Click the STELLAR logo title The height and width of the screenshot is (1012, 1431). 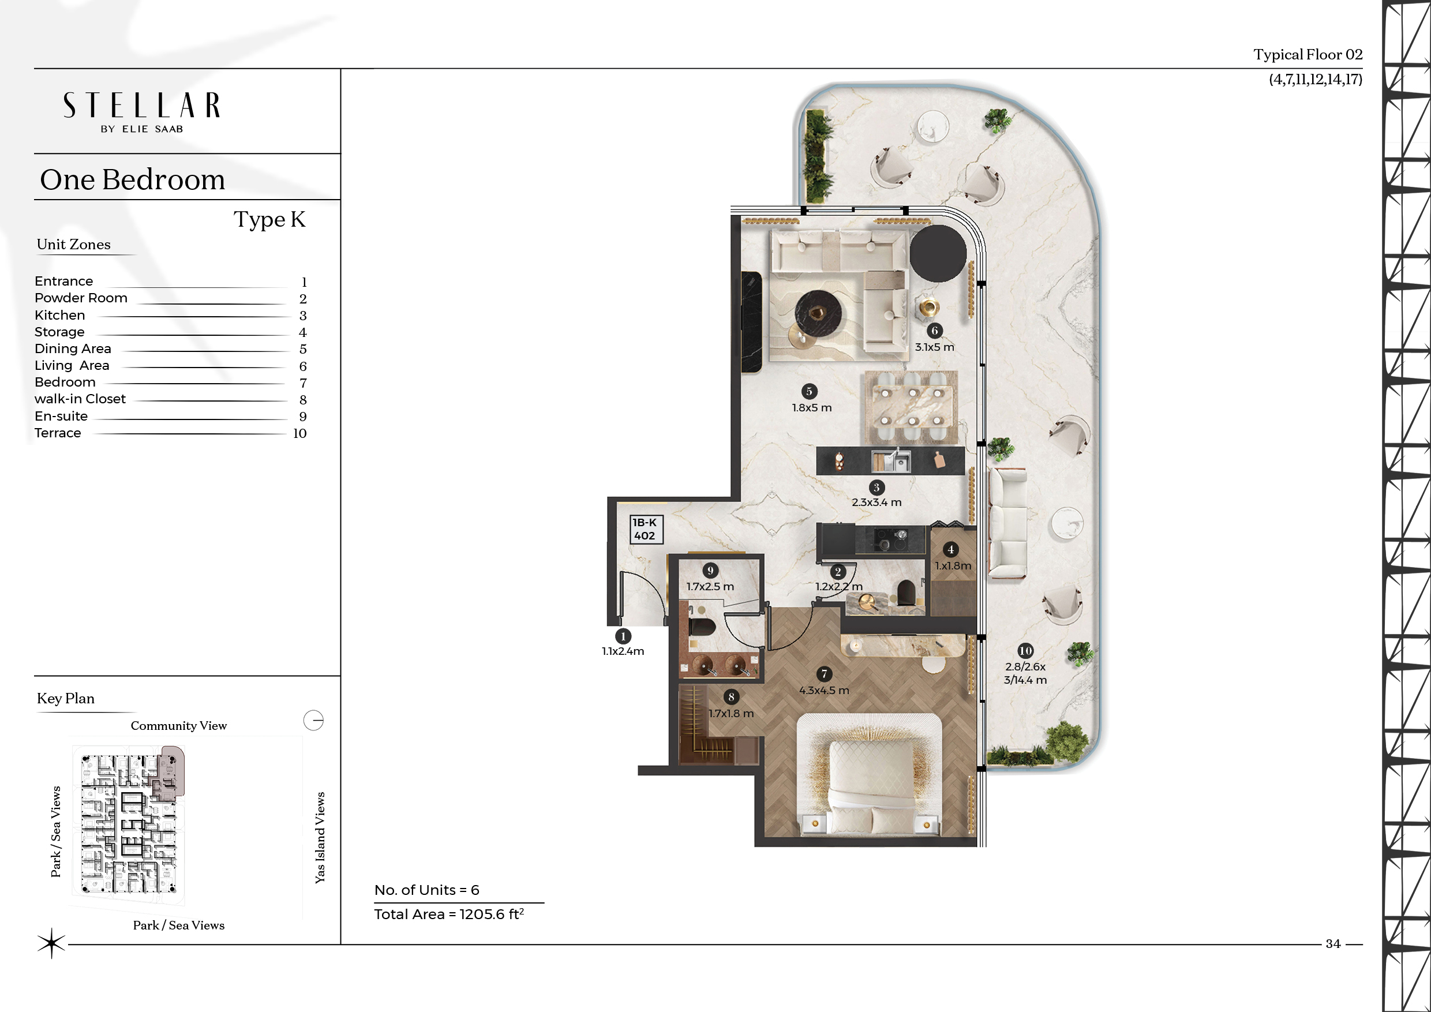(x=141, y=106)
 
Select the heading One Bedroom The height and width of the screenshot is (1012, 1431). (x=132, y=179)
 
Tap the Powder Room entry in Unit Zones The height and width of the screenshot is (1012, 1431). (x=81, y=298)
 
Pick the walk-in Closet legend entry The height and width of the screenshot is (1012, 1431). (x=80, y=399)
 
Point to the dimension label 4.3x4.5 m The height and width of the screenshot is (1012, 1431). (x=824, y=691)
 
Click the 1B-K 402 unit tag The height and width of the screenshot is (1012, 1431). (x=645, y=529)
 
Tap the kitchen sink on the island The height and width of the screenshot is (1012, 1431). (x=891, y=461)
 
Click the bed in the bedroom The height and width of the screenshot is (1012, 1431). (x=870, y=776)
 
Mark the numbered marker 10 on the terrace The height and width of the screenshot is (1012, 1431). (x=1025, y=651)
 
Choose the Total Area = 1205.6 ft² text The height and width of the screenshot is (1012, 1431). (x=449, y=914)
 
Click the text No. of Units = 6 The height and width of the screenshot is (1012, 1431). (x=427, y=890)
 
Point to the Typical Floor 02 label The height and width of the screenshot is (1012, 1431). (x=1308, y=55)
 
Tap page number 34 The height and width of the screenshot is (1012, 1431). (x=1333, y=943)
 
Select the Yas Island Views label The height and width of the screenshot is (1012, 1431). (x=320, y=838)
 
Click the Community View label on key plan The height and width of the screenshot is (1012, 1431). (x=179, y=725)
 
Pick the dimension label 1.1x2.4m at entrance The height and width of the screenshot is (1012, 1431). (x=623, y=651)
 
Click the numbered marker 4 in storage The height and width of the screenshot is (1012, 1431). (x=950, y=550)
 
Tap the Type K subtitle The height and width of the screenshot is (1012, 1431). (x=269, y=220)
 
